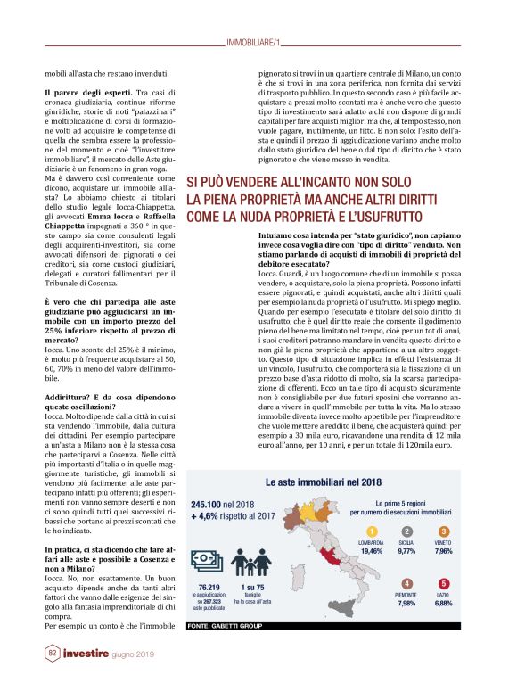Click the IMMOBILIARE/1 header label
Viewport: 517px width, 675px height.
[254, 42]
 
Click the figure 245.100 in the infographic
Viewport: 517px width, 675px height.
[207, 504]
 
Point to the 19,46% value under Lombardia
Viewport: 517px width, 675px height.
[372, 551]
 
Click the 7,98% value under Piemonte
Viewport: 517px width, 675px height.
[406, 604]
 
